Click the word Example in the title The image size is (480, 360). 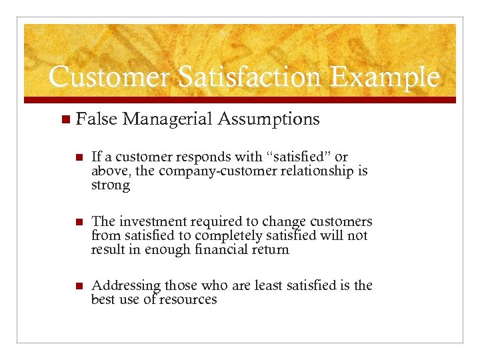[x=385, y=77]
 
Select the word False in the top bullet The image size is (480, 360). [x=97, y=119]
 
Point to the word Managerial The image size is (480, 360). [x=167, y=119]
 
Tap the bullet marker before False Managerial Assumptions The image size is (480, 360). [x=65, y=120]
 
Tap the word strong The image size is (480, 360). [x=111, y=185]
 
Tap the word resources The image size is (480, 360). [x=189, y=299]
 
